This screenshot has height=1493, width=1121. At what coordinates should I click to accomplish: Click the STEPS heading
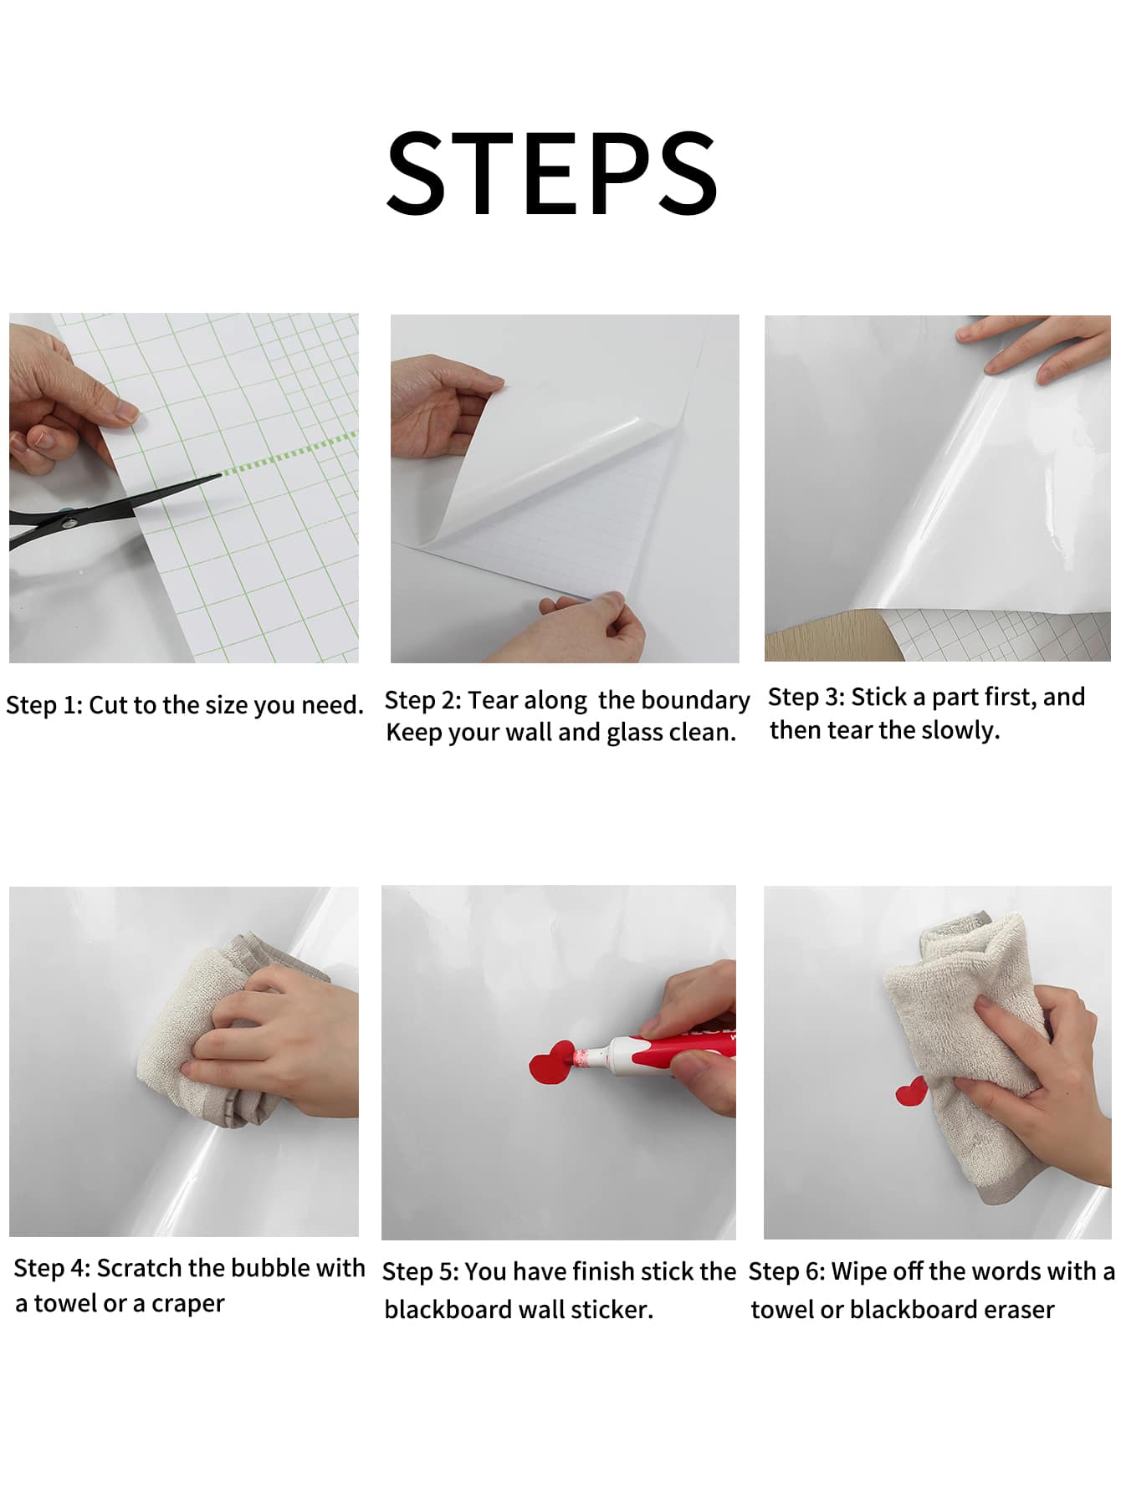click(x=552, y=173)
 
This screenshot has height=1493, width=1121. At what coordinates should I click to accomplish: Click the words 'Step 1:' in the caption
click(x=44, y=705)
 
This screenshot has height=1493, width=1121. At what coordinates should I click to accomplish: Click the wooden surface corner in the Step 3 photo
click(x=828, y=636)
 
